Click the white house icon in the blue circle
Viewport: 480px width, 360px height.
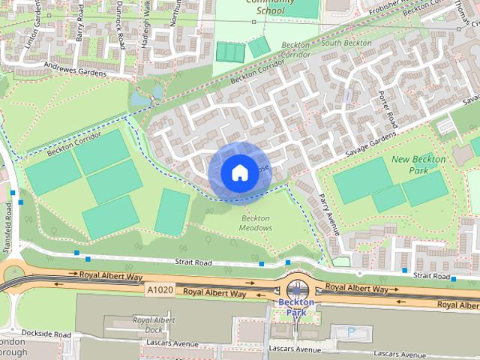coord(238,173)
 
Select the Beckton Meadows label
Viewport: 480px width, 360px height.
coord(256,223)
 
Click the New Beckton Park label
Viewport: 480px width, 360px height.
coord(418,165)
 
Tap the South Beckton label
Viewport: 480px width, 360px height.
coord(346,43)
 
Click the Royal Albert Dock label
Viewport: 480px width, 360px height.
coord(153,324)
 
